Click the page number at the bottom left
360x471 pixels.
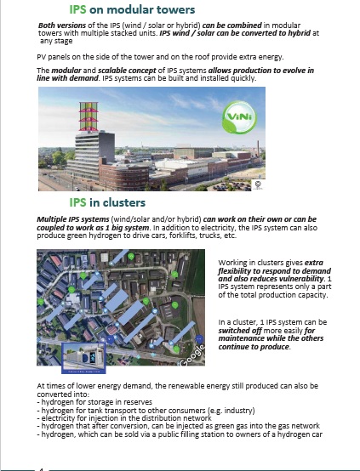pos(40,468)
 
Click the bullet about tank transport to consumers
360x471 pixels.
pos(139,409)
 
